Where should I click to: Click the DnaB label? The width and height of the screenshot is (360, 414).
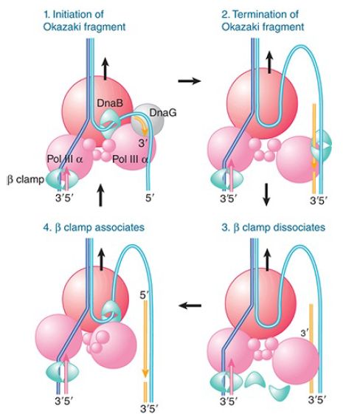[110, 103]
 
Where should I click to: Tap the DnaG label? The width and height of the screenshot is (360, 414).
[163, 113]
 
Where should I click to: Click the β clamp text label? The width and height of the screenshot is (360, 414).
[25, 180]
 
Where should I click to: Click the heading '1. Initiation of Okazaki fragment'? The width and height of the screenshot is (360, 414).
[84, 21]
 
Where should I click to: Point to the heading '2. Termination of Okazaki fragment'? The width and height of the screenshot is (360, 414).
[263, 21]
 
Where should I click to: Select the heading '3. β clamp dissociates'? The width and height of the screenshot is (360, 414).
[273, 227]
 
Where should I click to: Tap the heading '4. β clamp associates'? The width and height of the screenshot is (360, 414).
[94, 227]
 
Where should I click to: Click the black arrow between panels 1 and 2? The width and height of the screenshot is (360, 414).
[190, 80]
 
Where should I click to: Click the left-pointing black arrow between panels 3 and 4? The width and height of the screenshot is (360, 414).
[190, 306]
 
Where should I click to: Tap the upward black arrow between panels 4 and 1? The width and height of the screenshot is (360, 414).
[100, 195]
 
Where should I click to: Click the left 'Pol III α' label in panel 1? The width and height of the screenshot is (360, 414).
[65, 159]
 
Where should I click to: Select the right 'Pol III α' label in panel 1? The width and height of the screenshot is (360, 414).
[130, 159]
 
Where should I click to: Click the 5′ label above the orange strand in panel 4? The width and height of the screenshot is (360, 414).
[145, 295]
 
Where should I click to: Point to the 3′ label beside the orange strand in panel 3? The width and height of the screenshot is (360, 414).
[305, 334]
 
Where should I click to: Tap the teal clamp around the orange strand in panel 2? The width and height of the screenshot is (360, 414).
[321, 145]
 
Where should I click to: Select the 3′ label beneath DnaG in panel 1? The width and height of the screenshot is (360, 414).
[142, 143]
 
